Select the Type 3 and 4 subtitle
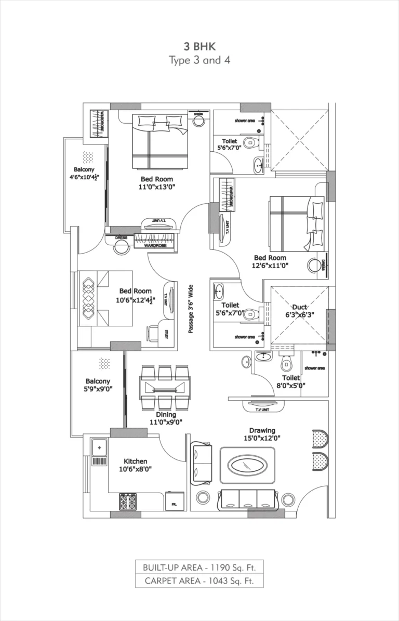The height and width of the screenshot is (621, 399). tap(199, 60)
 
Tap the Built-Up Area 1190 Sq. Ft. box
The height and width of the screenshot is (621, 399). tap(199, 566)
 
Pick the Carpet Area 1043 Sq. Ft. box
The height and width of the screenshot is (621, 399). tap(199, 580)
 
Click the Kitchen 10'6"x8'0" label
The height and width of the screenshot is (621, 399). tap(135, 465)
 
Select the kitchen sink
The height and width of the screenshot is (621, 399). tap(99, 446)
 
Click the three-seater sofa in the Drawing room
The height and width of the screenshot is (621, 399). tap(247, 499)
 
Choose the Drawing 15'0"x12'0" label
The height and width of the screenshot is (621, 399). tap(262, 434)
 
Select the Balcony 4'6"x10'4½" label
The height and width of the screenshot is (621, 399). tap(85, 174)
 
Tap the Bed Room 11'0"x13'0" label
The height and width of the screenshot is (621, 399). tap(151, 182)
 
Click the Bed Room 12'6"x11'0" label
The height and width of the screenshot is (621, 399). tap(270, 261)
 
